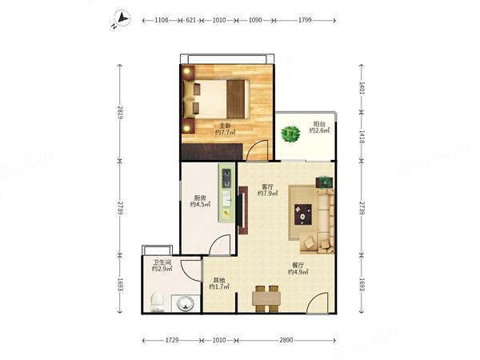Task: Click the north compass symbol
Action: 122,18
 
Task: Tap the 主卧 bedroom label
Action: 225,126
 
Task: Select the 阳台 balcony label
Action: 319,124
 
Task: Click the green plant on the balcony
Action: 290,134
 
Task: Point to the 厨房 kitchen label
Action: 200,198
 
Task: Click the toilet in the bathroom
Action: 158,302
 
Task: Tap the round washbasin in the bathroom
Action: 185,304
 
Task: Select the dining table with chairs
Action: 266,298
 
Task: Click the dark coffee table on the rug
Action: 303,214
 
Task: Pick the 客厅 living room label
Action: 267,186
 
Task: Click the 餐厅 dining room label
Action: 298,265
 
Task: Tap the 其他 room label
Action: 219,280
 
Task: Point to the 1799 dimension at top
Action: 305,20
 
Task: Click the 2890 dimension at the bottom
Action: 286,340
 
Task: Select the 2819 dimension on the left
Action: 120,113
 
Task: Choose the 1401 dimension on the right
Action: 362,88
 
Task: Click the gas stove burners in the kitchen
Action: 226,178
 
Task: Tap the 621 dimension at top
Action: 191,20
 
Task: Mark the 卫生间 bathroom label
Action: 162,262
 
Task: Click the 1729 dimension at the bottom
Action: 172,340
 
